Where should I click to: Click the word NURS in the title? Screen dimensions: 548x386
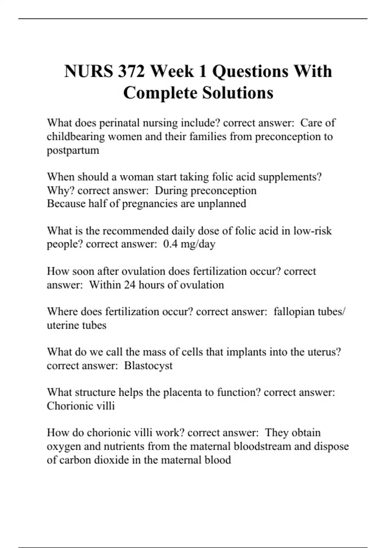tap(88, 71)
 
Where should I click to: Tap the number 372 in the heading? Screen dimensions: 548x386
tap(131, 71)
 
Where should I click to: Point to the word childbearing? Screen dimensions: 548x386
tap(76, 137)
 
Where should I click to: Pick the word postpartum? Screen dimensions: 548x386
tap(73, 151)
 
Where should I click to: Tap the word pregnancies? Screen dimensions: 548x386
tap(150, 204)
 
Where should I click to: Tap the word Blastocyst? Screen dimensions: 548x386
tap(148, 366)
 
